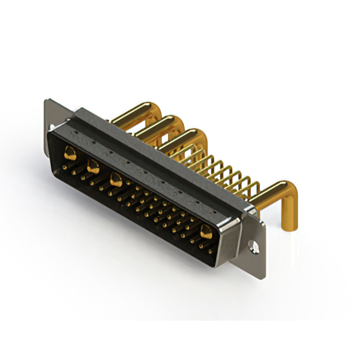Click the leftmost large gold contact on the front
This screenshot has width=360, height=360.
pos(70,152)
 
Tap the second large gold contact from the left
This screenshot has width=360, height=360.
pos(93,166)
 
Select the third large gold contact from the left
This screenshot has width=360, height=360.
pos(116,181)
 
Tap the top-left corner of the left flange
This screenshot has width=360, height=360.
pos(46,101)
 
